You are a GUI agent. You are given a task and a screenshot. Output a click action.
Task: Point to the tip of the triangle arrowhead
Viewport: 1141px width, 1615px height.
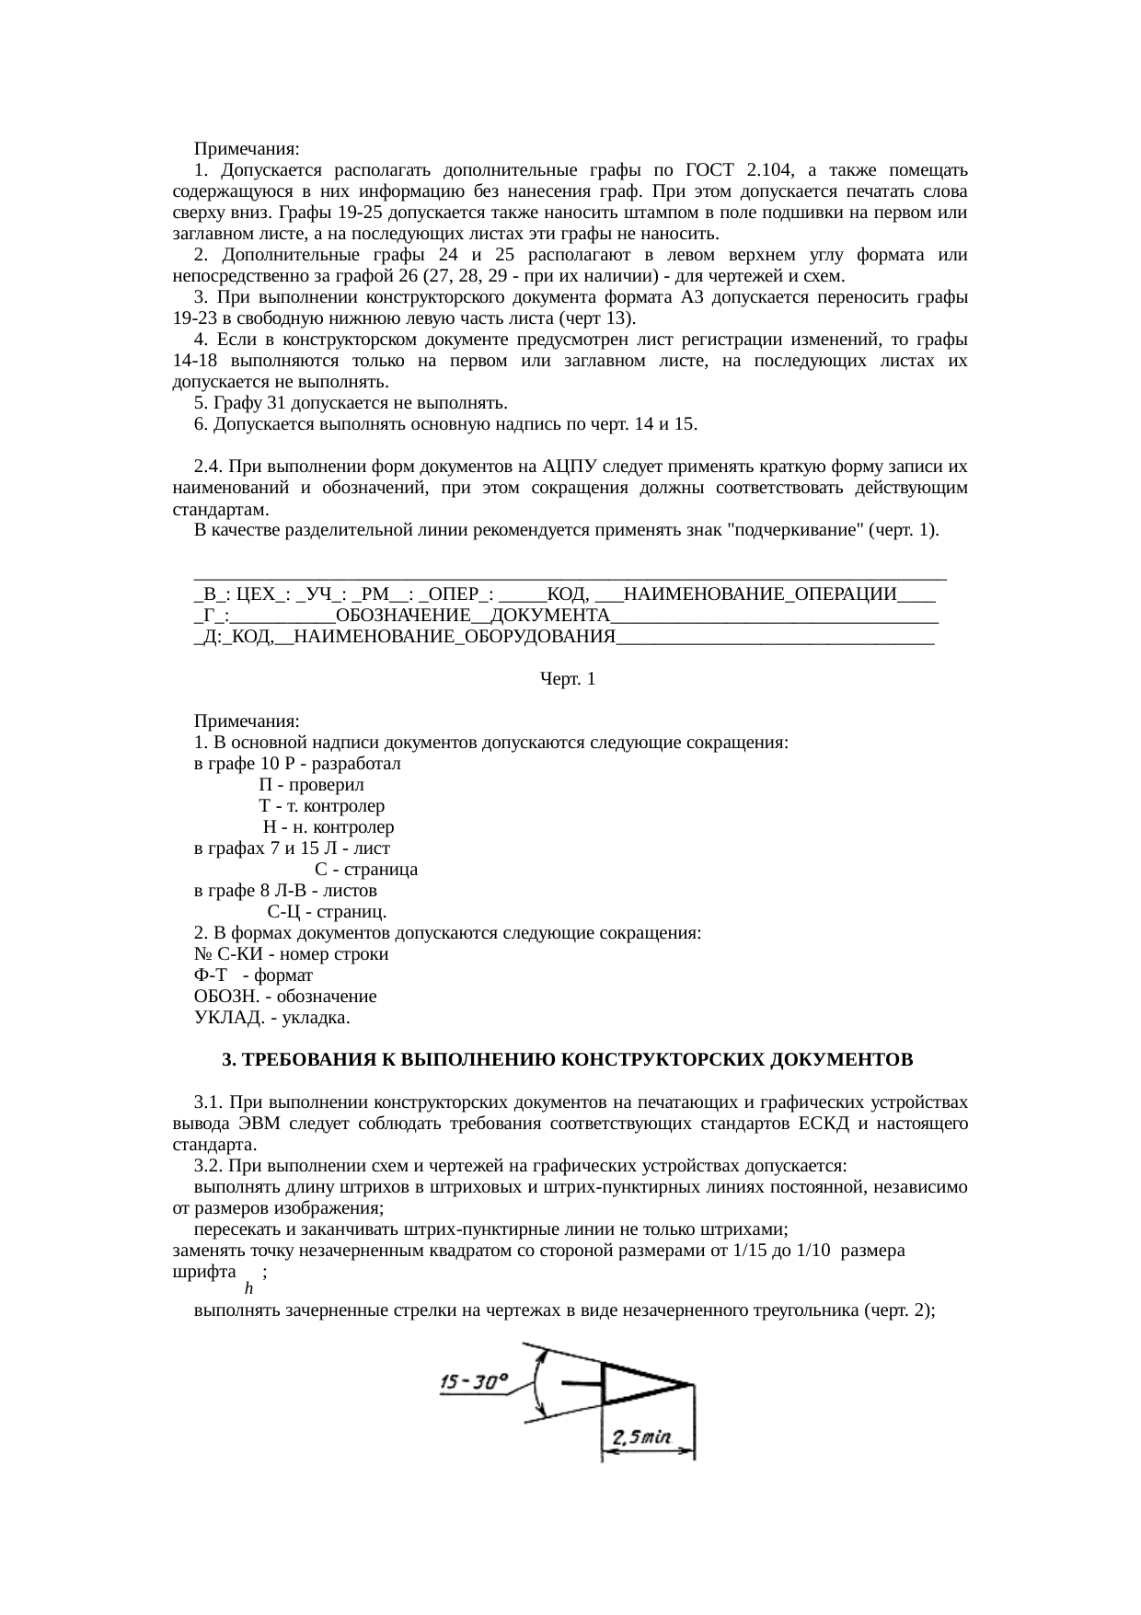(x=691, y=1384)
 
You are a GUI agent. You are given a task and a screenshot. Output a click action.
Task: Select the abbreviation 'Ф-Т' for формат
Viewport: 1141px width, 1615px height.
(x=211, y=975)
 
